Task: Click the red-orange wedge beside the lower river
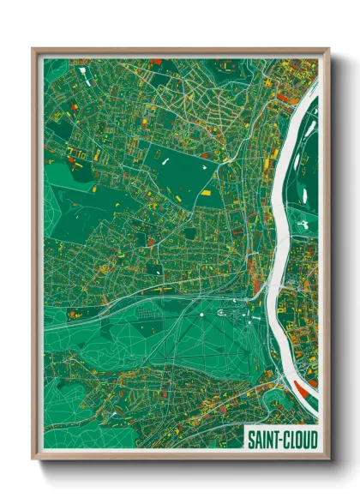pyautogui.click(x=303, y=390)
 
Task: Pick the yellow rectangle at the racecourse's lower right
pyautogui.click(x=206, y=193)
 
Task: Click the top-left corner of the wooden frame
pyautogui.click(x=33, y=49)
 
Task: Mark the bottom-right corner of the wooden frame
pyautogui.click(x=328, y=459)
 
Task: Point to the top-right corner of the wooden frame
pyautogui.click(x=328, y=49)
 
